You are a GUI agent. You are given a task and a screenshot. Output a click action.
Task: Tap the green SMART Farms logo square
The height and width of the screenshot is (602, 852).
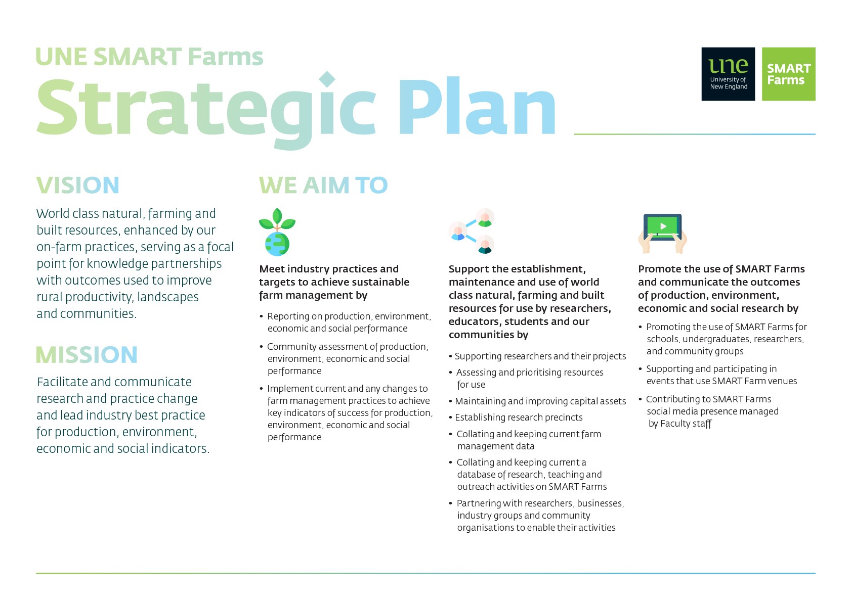pos(788,74)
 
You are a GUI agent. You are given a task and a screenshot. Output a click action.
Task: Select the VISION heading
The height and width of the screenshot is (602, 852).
pos(78,185)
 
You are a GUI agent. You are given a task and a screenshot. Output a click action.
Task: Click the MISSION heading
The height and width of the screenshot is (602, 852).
pos(87,354)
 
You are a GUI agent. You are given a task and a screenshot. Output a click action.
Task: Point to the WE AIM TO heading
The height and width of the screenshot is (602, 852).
pos(323,185)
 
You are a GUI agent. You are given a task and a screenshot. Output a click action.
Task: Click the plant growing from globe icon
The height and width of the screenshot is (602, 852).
pos(277,232)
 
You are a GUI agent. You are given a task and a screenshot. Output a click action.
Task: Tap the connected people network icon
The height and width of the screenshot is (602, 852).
pos(471,230)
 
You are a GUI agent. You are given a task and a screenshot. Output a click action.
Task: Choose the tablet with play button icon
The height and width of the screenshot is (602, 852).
pos(662,233)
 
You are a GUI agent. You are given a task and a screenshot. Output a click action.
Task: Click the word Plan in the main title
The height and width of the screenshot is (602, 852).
pos(477,106)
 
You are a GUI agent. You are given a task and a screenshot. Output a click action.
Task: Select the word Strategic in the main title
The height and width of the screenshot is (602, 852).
pos(206,110)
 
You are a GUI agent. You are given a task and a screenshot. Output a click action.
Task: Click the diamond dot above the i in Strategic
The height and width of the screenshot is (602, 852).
pos(327,79)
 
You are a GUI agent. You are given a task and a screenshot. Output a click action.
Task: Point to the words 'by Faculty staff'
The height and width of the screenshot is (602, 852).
pos(680,424)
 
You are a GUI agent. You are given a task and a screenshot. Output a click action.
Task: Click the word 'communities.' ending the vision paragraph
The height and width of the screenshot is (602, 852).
pos(98,313)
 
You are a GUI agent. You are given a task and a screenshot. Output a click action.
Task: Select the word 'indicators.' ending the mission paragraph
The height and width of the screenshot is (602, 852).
pos(180,448)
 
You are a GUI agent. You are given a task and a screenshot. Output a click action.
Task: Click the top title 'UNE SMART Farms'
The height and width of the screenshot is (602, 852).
pos(149,57)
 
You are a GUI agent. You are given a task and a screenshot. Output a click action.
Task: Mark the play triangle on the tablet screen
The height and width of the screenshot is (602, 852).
pos(663,226)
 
